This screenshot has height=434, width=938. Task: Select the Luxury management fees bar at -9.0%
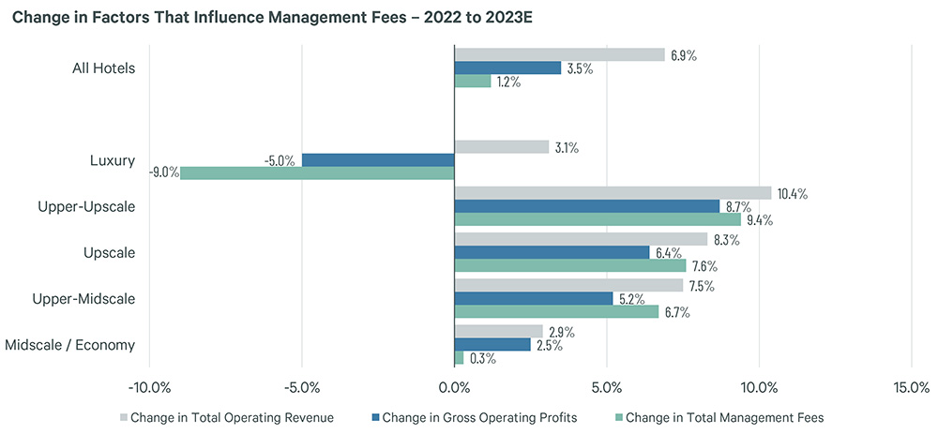pos(317,172)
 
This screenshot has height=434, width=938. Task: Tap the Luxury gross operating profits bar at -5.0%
pos(377,160)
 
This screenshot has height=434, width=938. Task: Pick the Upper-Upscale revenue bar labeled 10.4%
pos(613,193)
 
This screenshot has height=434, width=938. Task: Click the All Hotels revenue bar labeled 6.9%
pos(559,55)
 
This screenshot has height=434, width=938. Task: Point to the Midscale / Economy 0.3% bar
pos(459,358)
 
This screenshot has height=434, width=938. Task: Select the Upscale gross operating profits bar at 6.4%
pos(552,252)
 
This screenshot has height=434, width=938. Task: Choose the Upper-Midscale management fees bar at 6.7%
pos(556,312)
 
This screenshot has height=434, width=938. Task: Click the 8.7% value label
pos(737,206)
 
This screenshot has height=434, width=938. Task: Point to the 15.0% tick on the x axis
pos(911,388)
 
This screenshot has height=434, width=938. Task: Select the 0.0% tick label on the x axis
pos(454,388)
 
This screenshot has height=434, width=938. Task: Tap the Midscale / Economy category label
pos(69,345)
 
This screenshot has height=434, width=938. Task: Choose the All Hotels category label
pos(103,67)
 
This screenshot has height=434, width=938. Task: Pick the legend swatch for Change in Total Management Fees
pos(617,417)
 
